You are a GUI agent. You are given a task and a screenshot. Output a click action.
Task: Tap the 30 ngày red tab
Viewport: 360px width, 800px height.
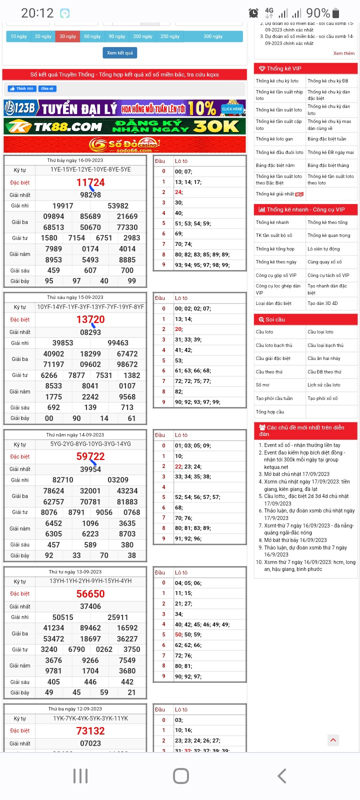pos(67,36)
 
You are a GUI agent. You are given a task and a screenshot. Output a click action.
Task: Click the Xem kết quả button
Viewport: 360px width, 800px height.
pos(120,52)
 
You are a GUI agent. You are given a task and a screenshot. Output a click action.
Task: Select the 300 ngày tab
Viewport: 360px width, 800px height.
pos(213,36)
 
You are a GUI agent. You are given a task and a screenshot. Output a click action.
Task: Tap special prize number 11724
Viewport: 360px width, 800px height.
pos(90,182)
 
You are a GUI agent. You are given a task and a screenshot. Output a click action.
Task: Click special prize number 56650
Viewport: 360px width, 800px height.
pos(90,594)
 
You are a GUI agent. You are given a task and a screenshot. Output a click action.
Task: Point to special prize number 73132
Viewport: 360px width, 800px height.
pos(90,731)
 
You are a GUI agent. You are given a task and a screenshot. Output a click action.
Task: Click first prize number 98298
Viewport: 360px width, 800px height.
pos(90,195)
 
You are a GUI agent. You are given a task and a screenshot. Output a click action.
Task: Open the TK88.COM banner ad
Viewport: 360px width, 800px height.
pos(125,126)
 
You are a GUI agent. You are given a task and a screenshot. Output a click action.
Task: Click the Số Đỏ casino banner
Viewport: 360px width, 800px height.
pos(125,144)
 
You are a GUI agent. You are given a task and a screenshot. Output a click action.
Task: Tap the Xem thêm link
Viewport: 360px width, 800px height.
pos(344,53)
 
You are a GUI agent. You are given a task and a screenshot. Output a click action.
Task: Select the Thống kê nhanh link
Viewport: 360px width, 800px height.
pos(272,222)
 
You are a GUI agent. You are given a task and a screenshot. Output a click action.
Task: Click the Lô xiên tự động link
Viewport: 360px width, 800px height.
pos(323,249)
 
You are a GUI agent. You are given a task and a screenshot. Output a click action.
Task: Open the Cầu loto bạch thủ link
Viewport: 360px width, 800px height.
pos(274,345)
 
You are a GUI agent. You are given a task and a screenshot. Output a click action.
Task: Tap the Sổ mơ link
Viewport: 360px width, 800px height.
pos(262,385)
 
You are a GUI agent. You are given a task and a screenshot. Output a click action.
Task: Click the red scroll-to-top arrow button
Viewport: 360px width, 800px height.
pos(333,740)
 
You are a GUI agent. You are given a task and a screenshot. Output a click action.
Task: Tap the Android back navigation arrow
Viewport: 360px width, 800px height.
pos(282,776)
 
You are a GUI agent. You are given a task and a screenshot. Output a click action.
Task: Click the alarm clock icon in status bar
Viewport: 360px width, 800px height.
pos(253,13)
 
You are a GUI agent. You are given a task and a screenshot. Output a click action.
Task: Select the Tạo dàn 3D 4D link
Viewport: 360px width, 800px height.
pos(322,303)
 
